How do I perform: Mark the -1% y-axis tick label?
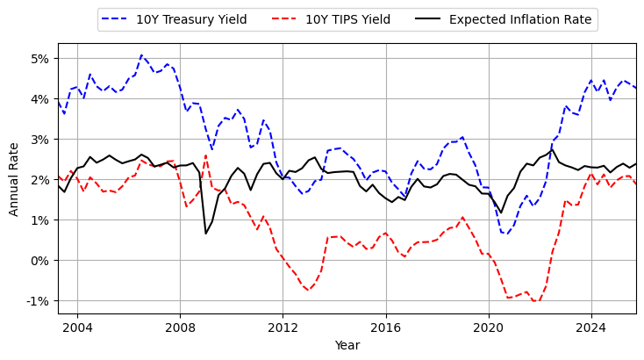pos(39,301)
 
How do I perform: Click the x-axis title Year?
pos(347,346)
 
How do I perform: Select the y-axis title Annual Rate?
pos(14,178)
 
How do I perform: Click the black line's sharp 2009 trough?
pos(206,233)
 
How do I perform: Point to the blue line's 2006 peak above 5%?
pos(141,55)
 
